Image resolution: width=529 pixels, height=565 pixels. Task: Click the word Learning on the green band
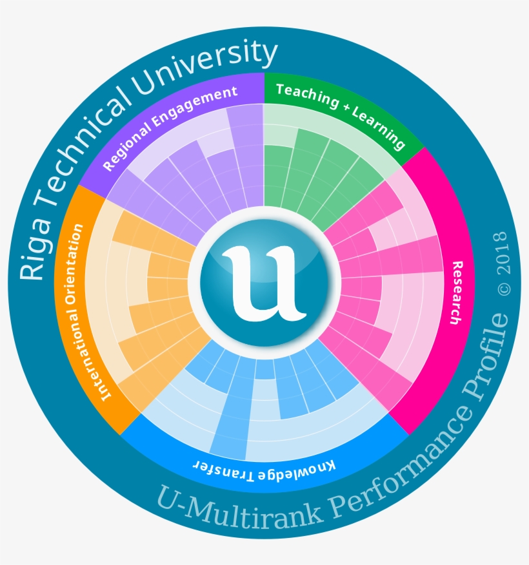pos(380,126)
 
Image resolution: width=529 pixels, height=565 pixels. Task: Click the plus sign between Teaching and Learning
pos(346,109)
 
